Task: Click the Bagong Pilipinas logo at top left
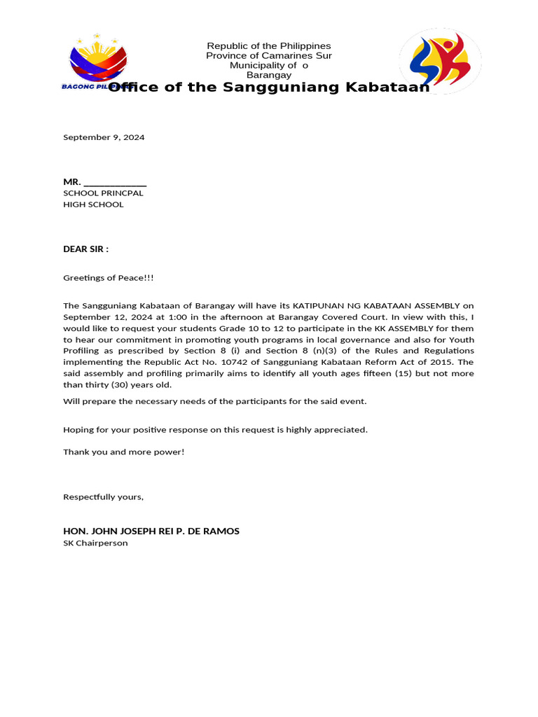point(98,62)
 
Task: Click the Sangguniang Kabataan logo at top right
point(440,62)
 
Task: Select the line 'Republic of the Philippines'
point(268,46)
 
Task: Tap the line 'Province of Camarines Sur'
point(268,55)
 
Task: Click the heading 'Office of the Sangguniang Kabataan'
point(268,87)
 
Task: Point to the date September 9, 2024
point(104,137)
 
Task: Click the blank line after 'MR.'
point(115,182)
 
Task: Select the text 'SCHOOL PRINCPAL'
point(103,193)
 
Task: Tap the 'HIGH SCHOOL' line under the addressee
point(93,204)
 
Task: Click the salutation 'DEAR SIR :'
point(86,249)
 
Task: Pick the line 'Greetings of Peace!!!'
point(108,278)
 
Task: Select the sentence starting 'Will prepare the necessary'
point(214,401)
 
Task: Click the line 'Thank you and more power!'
point(123,452)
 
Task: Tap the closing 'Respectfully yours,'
point(103,497)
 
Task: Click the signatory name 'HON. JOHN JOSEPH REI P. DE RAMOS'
point(151,531)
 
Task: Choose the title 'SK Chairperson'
point(95,543)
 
